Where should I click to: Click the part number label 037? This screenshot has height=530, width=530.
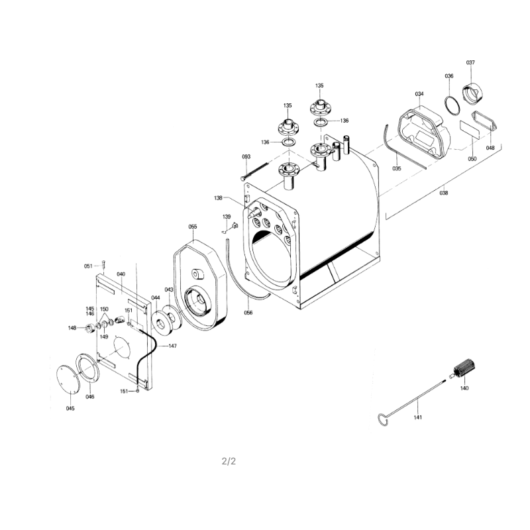point(470,62)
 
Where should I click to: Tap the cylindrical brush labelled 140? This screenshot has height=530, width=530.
point(464,368)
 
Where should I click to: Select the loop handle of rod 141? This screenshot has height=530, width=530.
point(383,419)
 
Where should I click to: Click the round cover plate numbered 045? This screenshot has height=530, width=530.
point(68,379)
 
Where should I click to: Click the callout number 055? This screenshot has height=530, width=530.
point(193,227)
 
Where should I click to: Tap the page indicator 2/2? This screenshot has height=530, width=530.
point(229,461)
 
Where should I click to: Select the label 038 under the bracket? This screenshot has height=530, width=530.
point(443,193)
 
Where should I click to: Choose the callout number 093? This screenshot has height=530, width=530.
point(246,157)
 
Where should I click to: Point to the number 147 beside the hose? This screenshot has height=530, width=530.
point(172,346)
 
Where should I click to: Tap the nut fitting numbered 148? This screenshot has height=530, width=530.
point(90,328)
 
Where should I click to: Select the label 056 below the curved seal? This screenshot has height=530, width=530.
point(248,313)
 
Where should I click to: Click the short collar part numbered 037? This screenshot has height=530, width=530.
point(472,93)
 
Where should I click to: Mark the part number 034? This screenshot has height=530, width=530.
point(419,94)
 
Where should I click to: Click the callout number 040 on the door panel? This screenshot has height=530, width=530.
point(121,274)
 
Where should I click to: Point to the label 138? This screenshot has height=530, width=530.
point(218,198)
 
